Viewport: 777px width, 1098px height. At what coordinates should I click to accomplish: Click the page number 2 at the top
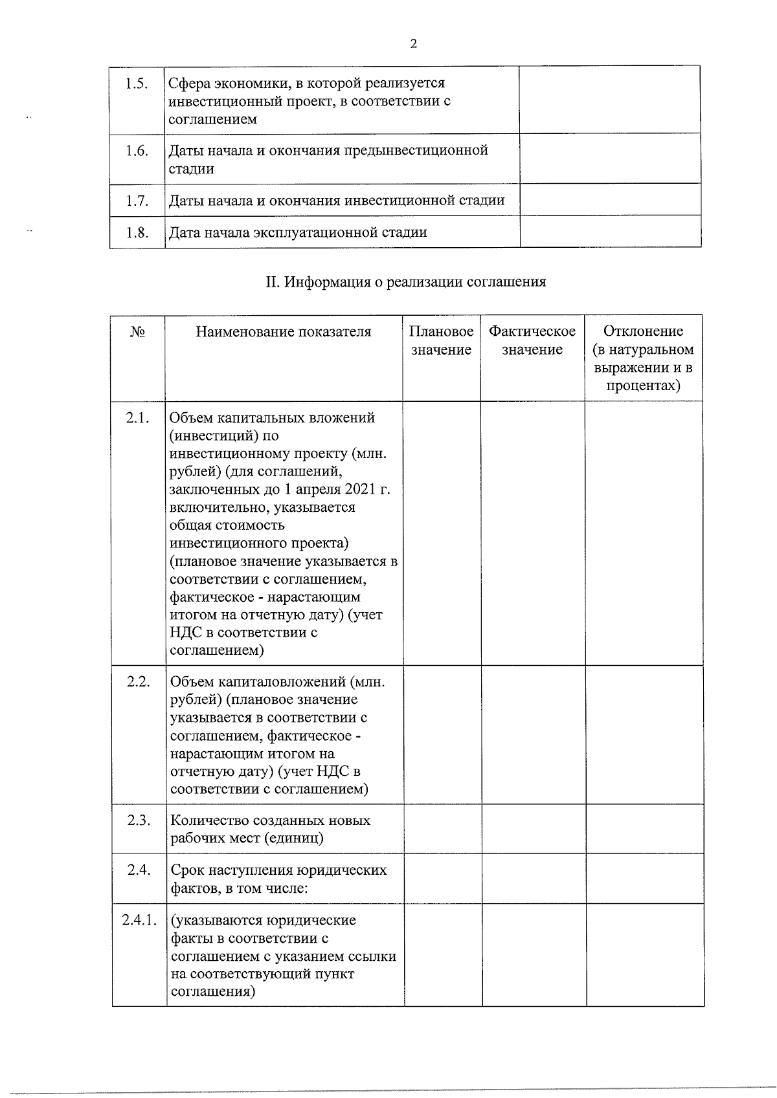tap(413, 44)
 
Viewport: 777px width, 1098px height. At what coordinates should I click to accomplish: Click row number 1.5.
tap(137, 83)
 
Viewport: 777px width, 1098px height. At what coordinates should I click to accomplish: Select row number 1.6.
tap(137, 151)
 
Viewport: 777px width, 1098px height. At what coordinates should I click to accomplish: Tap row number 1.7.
tap(137, 201)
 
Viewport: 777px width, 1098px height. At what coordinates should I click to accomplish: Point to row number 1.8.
tap(137, 232)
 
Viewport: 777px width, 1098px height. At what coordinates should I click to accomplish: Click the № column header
tap(137, 332)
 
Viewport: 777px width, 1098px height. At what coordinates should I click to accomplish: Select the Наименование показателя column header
tap(284, 332)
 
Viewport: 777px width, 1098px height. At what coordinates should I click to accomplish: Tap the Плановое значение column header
tap(441, 341)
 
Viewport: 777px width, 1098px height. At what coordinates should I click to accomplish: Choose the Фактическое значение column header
tap(532, 341)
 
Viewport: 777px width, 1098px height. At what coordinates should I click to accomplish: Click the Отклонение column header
tap(643, 359)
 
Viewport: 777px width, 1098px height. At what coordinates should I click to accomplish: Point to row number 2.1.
tap(138, 418)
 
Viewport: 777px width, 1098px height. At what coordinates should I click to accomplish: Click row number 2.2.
tap(138, 682)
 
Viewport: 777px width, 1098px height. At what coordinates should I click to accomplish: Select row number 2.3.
tap(139, 820)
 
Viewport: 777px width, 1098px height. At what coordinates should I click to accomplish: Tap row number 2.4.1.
tap(139, 920)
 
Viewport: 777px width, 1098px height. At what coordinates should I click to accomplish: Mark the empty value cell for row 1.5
tap(610, 100)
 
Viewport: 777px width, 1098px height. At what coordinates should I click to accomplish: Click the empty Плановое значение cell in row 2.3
tap(442, 829)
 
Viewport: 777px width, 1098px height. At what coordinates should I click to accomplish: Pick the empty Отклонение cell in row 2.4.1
tap(645, 954)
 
